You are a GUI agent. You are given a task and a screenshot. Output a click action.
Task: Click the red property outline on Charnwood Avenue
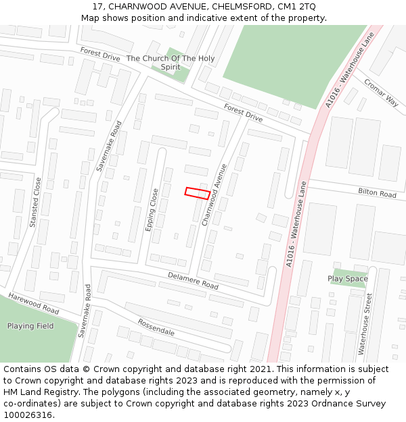coord(197,193)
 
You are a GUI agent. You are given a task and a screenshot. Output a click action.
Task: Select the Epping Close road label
coord(152,209)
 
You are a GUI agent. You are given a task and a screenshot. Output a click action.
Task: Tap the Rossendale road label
coord(156,327)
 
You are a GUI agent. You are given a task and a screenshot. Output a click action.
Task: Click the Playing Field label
coord(30,326)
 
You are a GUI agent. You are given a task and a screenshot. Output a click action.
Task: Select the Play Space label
coord(348,278)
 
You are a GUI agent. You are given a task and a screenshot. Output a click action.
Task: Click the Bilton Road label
coord(377,194)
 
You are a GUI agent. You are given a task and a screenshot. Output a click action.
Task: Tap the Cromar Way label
coord(381,93)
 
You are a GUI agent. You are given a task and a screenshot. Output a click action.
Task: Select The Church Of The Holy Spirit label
coord(171,63)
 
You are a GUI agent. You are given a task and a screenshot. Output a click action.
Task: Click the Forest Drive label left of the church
coord(99,55)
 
